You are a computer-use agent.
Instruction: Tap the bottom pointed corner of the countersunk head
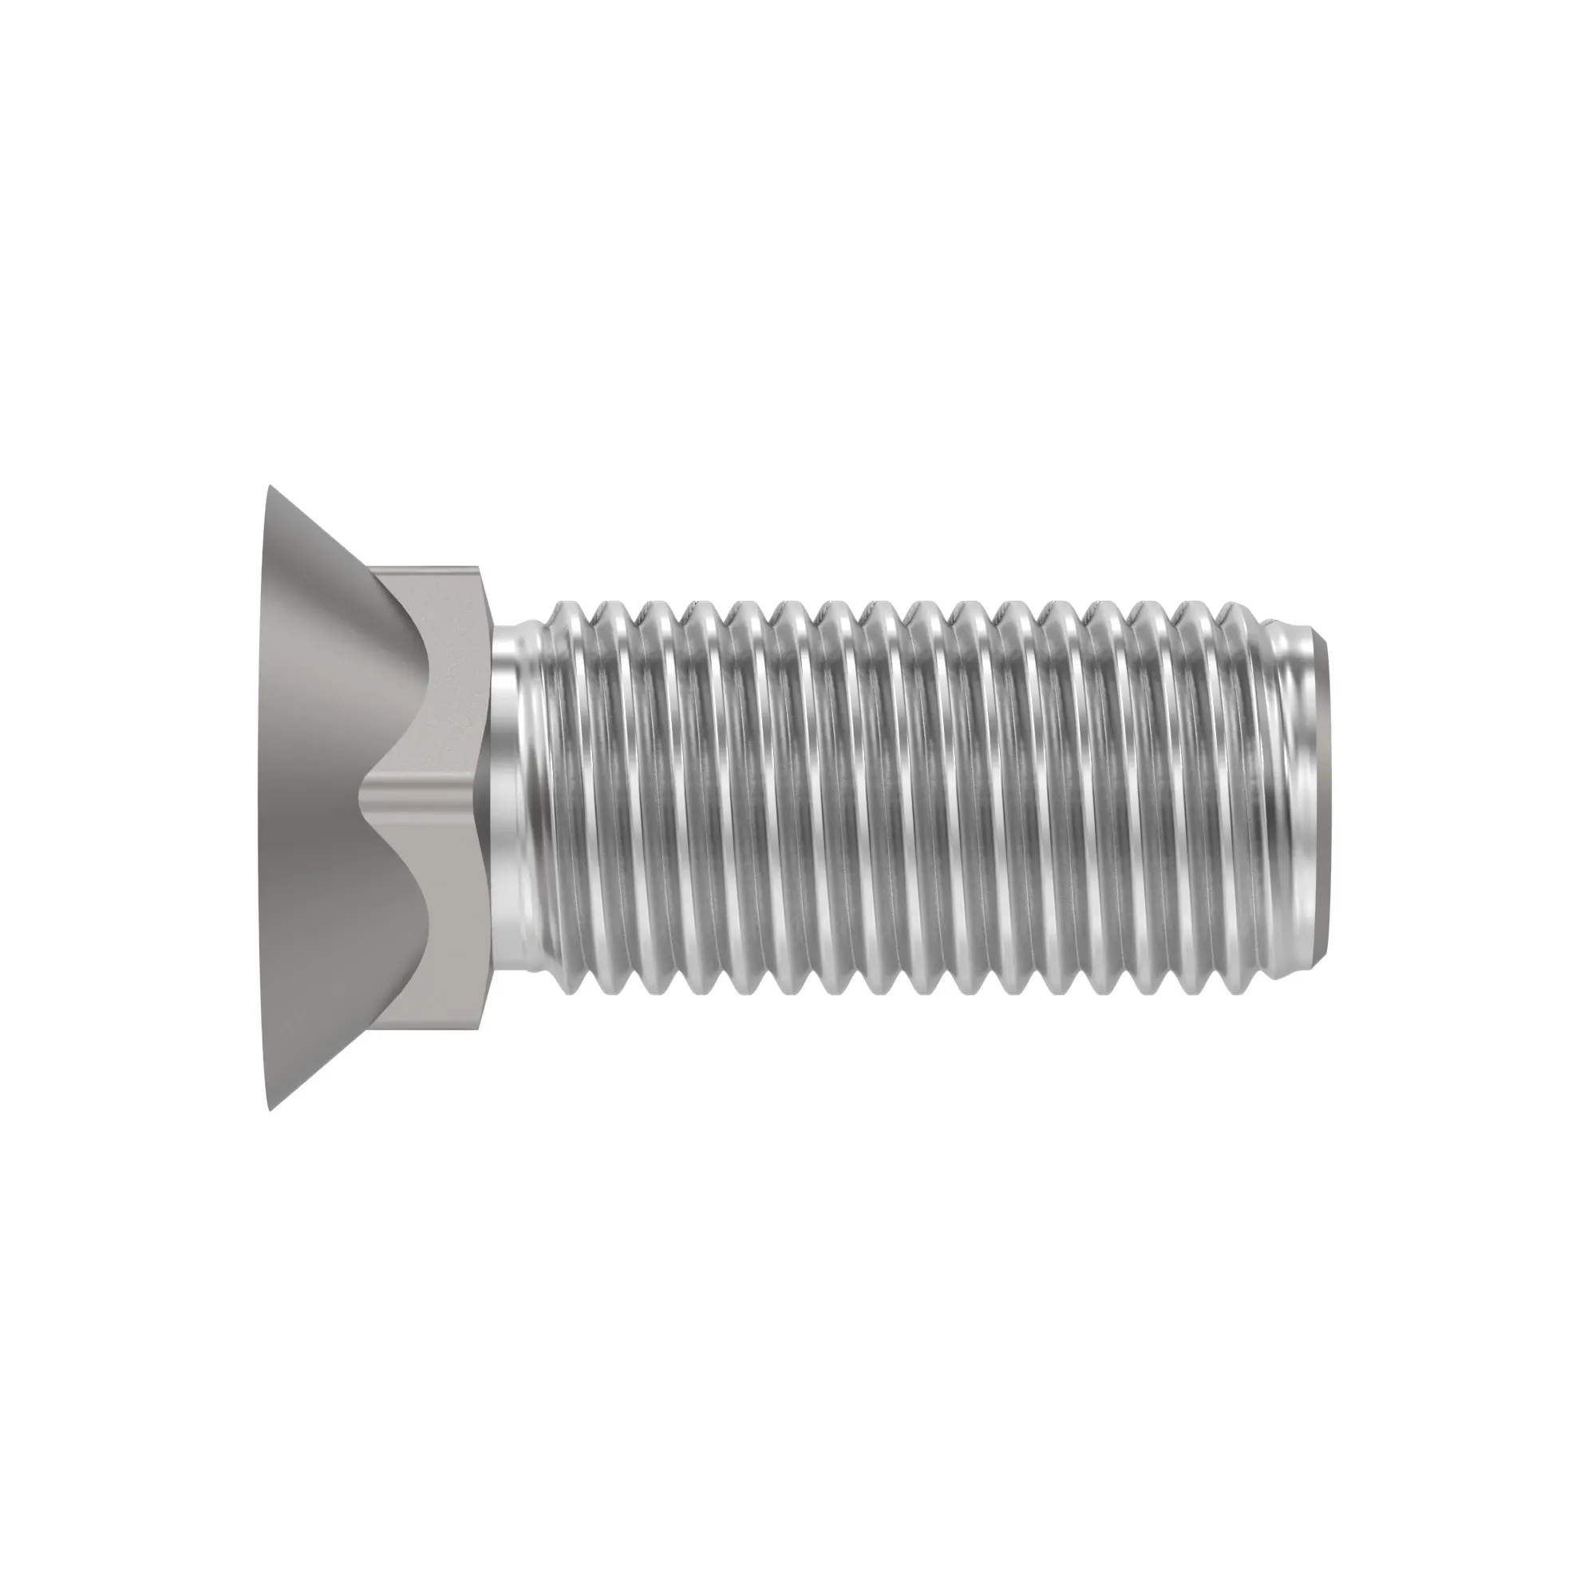(x=269, y=1108)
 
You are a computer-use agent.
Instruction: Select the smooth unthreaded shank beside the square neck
(x=508, y=798)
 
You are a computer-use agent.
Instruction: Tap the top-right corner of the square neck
(x=478, y=568)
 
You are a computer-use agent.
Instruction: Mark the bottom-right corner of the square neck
(x=478, y=1029)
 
